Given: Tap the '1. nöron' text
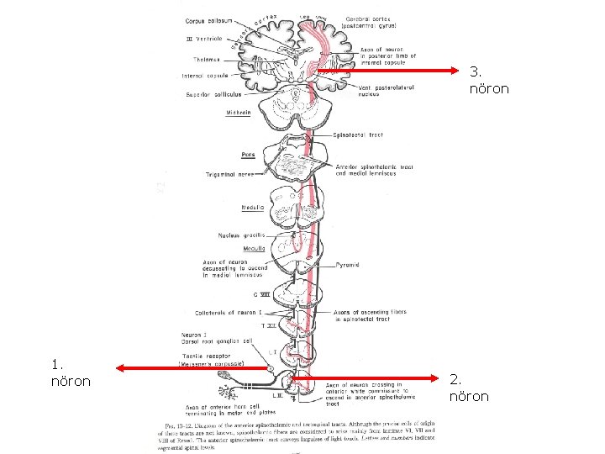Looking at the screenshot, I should (x=71, y=372).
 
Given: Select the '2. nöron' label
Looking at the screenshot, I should (x=469, y=387).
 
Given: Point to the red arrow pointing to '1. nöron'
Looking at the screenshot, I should (x=194, y=367).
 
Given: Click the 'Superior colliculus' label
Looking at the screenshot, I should (x=209, y=95).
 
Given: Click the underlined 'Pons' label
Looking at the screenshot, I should (x=248, y=155).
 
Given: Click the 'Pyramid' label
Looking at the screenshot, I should (x=348, y=265).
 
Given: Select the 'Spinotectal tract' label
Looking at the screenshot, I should (x=359, y=135).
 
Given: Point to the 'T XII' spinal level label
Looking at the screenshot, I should (x=268, y=325).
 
